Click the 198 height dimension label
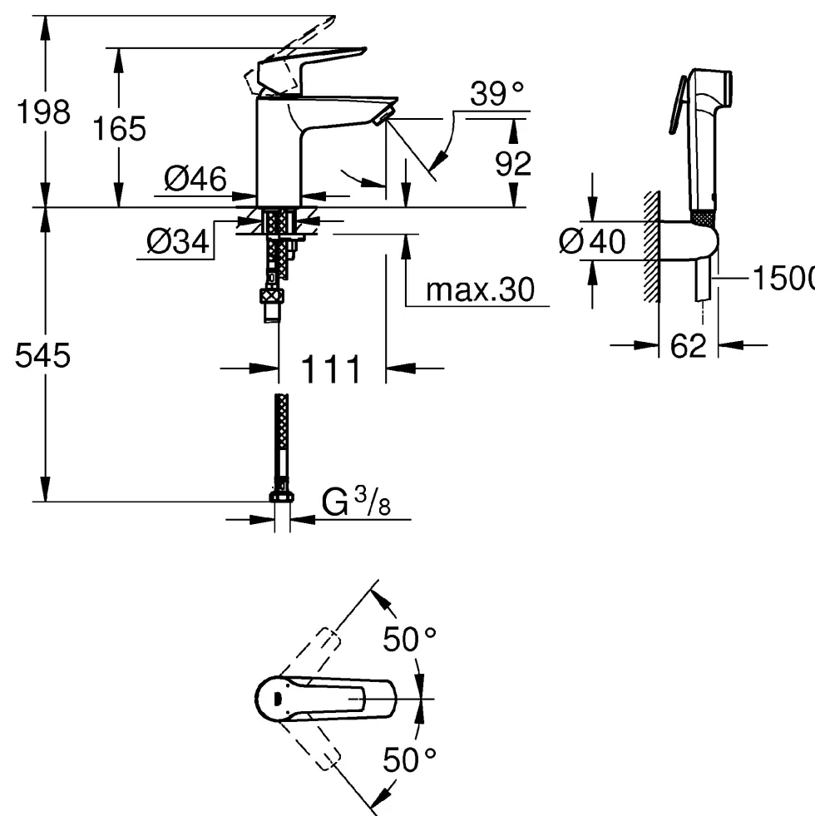[x=44, y=111]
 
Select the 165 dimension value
[x=119, y=129]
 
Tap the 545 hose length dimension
[x=42, y=356]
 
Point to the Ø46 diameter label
[x=195, y=179]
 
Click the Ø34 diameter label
[x=177, y=241]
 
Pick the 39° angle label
[x=496, y=94]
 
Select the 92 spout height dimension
[x=513, y=164]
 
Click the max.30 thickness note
[x=480, y=289]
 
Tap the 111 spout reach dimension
[x=331, y=369]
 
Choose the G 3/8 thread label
[x=356, y=502]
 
